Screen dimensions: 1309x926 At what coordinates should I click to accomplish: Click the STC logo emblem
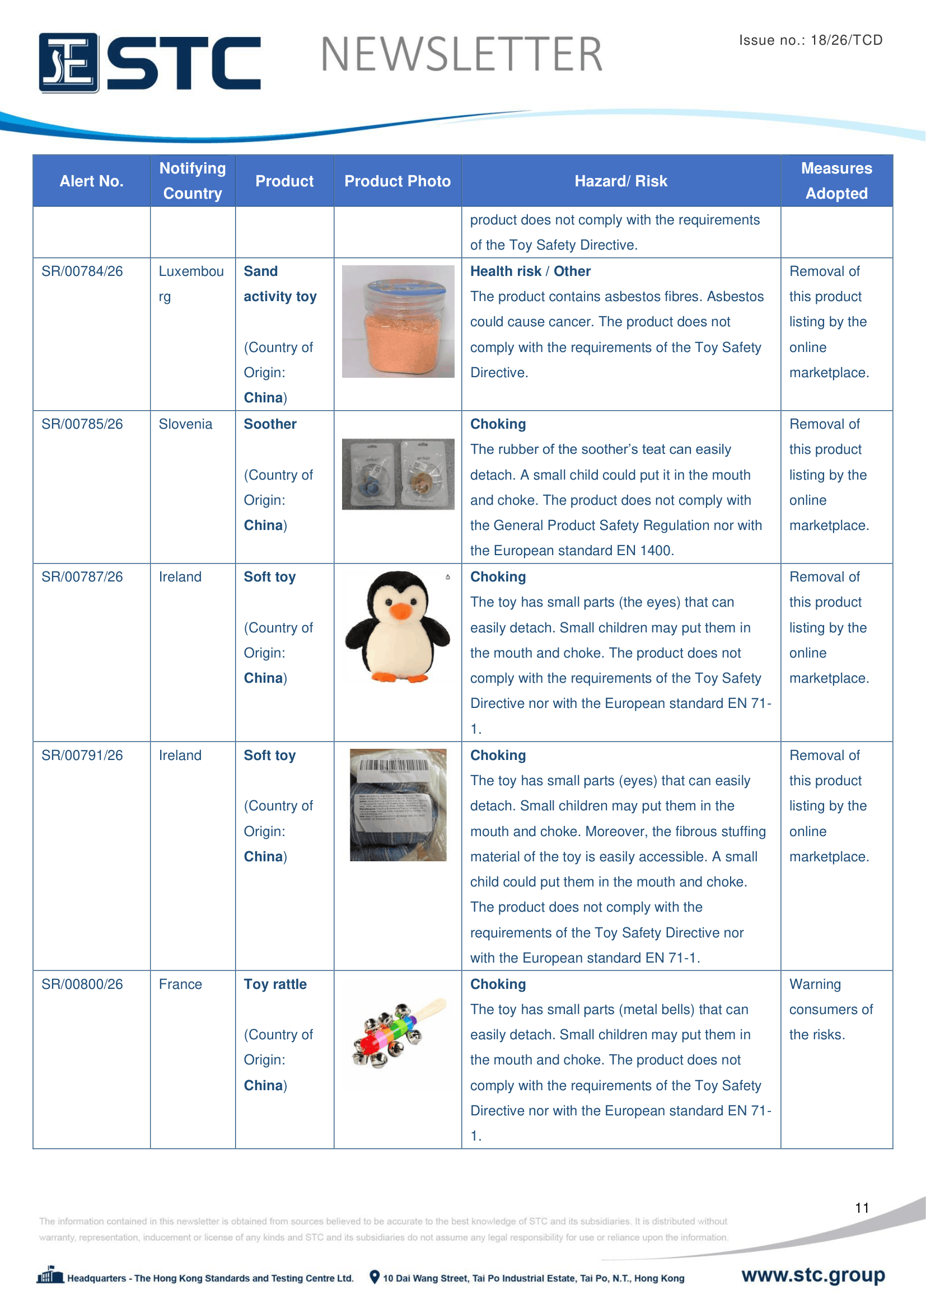pos(68,63)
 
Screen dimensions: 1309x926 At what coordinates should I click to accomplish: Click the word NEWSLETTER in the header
pos(461,55)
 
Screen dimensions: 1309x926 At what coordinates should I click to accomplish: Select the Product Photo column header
pos(397,181)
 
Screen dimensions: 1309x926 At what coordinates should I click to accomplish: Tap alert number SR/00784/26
pos(82,271)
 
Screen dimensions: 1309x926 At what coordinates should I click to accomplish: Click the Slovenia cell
pos(185,424)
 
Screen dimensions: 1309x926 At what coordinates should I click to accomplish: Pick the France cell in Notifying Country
pos(180,984)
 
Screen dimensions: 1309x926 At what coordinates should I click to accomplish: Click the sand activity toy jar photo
pos(398,322)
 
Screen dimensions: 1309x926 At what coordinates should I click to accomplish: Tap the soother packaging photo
pos(398,474)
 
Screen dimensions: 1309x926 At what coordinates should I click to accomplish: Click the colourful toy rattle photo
pos(397,1033)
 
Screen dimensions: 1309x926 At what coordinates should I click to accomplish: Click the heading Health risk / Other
pos(530,271)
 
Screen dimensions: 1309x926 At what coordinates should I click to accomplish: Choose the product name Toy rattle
pos(275,984)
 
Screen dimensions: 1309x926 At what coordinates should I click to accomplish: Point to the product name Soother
pos(270,424)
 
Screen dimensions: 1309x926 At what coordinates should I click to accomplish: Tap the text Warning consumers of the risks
pos(830,1009)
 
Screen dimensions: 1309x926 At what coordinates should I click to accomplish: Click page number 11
pos(862,1208)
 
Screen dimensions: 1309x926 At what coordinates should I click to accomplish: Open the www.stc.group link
pos(812,1275)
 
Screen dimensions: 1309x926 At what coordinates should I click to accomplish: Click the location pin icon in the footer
pos(374,1277)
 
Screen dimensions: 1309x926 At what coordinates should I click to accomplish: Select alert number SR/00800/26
pos(82,984)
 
